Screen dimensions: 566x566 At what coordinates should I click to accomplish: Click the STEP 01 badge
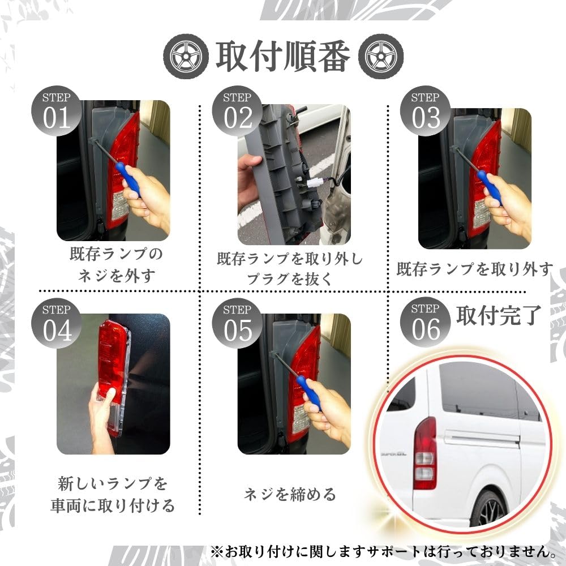57,112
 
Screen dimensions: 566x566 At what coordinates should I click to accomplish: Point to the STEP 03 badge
426,112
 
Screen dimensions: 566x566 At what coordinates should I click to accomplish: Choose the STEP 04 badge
57,323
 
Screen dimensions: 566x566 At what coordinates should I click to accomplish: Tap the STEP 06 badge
426,323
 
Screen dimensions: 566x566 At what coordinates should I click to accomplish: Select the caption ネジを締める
290,494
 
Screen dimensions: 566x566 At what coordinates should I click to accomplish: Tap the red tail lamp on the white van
424,453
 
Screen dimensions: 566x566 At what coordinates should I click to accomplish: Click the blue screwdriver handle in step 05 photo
311,392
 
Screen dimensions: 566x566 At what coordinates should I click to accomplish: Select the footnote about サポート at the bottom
382,550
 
